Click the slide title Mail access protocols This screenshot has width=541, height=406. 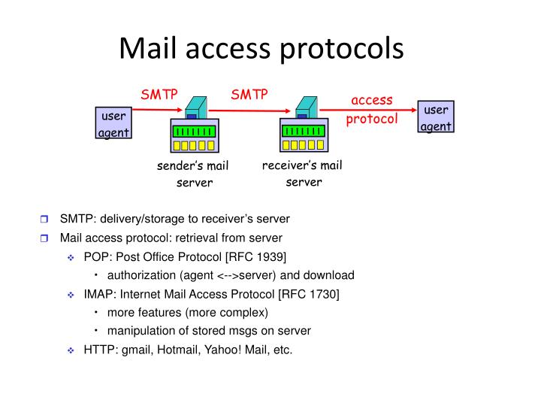click(x=261, y=49)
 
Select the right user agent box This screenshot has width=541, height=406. click(x=436, y=117)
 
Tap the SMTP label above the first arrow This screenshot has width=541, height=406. click(x=159, y=94)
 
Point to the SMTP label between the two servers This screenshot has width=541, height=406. click(x=249, y=94)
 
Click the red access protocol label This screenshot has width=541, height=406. click(x=372, y=110)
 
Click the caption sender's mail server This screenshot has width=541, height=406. click(x=192, y=174)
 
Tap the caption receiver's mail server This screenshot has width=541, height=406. click(x=302, y=173)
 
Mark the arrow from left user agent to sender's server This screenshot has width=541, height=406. click(x=157, y=110)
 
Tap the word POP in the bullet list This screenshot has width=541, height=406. click(x=95, y=256)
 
